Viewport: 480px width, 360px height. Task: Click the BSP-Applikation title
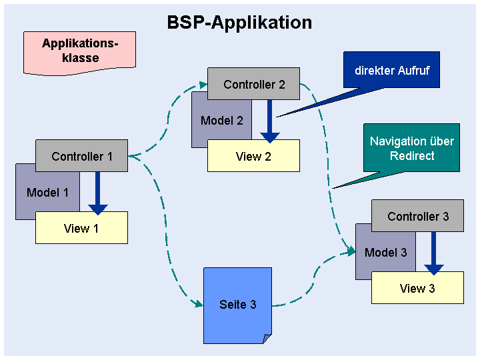[x=239, y=23]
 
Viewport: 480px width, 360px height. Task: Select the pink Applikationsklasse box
[x=79, y=53]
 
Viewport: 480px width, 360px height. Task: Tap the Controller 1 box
[x=82, y=156]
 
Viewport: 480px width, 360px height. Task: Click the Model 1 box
[x=47, y=193]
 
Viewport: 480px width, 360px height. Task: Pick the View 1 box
[x=82, y=228]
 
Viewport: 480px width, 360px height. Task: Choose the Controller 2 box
[x=254, y=84]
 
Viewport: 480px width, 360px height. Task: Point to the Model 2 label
[x=222, y=121]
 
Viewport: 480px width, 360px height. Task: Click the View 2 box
[x=254, y=156]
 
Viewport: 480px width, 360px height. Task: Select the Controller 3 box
[x=418, y=216]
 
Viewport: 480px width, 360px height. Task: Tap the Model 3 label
[x=386, y=253]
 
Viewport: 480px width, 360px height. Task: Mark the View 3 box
[x=418, y=288]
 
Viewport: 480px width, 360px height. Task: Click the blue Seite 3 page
[x=237, y=305]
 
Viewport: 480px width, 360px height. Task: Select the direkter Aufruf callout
[x=392, y=70]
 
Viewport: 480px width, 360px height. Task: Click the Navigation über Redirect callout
[x=412, y=148]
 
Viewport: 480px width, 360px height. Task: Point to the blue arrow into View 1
[x=97, y=193]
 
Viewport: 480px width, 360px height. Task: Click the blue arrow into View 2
[x=270, y=121]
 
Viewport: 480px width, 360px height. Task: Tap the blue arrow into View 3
[x=434, y=253]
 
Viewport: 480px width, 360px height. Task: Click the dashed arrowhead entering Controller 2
[x=203, y=85]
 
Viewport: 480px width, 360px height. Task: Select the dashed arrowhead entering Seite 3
[x=199, y=304]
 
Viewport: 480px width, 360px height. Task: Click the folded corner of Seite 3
[x=267, y=339]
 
